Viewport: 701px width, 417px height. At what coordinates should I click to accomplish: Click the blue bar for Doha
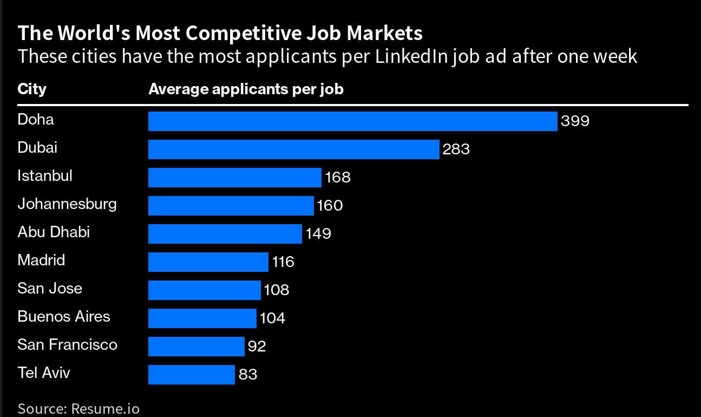pos(352,121)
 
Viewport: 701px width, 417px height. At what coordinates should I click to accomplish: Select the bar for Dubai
pos(293,149)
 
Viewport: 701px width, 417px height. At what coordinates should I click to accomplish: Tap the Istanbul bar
pos(234,178)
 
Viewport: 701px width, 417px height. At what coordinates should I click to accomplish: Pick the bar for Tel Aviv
pos(191,375)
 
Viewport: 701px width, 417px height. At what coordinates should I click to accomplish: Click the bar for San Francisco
pos(196,347)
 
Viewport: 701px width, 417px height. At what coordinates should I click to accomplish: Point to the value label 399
pos(575,121)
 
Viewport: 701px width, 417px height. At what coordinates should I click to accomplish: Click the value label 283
pos(456,149)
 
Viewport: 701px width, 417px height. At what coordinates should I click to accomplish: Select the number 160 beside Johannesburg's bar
pos(330,206)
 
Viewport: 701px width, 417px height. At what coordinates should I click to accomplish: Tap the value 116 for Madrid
pos(283,262)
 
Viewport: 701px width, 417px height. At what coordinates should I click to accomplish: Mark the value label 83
pos(247,375)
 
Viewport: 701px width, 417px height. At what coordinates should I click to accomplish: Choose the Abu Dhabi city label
pos(54,232)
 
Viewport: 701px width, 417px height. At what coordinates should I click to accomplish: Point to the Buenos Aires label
pos(63,317)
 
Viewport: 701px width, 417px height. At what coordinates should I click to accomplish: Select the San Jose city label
pos(50,288)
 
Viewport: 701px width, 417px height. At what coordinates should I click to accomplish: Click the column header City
pos(32,89)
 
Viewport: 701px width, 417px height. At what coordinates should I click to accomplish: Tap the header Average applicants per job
pos(246,89)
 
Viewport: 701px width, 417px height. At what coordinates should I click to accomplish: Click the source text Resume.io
pos(105,408)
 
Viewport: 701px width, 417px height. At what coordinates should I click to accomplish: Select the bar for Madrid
pos(208,262)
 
